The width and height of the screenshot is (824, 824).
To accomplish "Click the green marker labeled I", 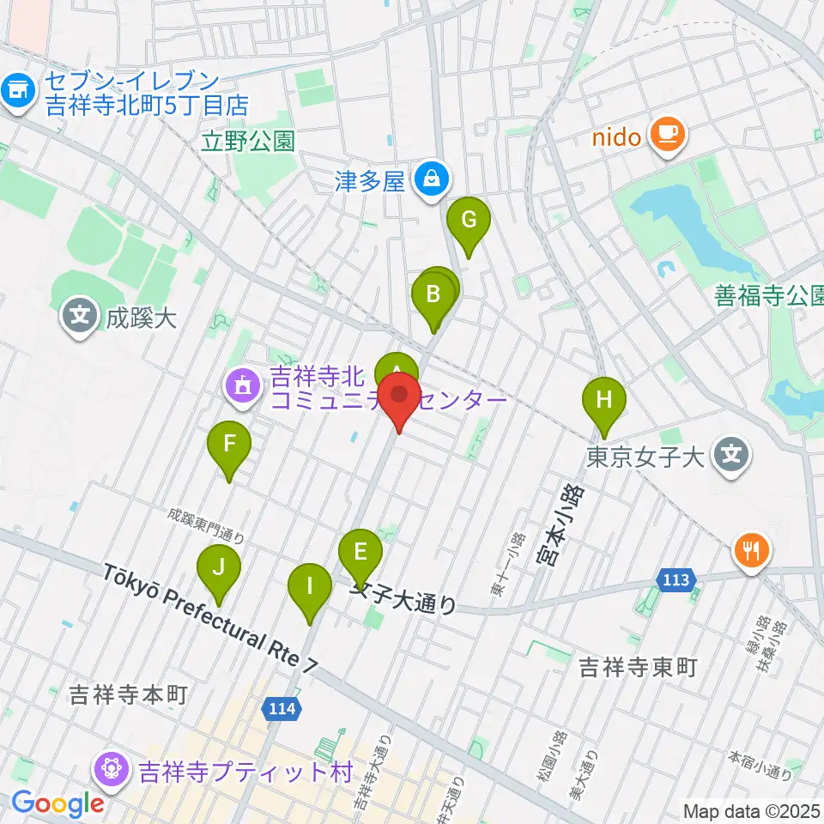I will pyautogui.click(x=310, y=590).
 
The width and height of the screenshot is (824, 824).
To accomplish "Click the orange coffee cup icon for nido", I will pyautogui.click(x=666, y=136).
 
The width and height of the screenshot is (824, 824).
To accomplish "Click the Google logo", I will pyautogui.click(x=58, y=804).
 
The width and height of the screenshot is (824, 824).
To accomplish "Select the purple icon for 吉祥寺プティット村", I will pyautogui.click(x=112, y=769).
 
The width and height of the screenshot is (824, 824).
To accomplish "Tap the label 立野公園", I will pyautogui.click(x=249, y=142).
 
